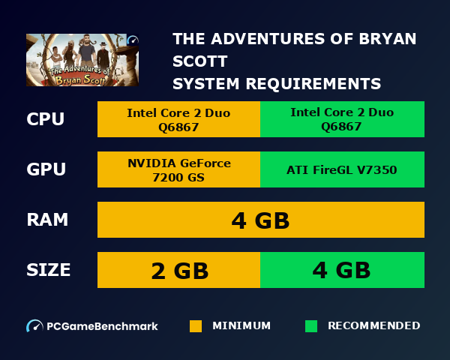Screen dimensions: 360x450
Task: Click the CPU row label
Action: point(45,119)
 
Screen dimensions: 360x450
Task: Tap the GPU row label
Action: point(46,169)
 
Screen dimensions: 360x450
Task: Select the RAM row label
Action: point(47,220)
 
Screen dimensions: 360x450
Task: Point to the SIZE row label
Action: point(49,269)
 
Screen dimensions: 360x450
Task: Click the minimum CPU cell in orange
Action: point(178,119)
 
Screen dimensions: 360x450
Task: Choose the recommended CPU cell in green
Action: point(342,119)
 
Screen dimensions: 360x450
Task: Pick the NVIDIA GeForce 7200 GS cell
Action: point(178,169)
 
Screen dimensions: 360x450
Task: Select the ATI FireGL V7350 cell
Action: point(342,169)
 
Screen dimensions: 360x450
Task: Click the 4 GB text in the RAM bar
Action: point(260,221)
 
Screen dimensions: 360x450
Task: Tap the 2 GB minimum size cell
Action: point(179,270)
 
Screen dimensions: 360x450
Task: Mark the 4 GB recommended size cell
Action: point(342,270)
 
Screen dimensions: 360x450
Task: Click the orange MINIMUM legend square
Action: point(196,326)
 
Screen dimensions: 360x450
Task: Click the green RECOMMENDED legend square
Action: point(311,326)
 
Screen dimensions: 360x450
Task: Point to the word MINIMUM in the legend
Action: point(241,326)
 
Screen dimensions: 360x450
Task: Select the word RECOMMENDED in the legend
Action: point(373,326)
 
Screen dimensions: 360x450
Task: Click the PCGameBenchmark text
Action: point(102,326)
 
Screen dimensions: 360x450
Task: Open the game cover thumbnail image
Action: point(82,60)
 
